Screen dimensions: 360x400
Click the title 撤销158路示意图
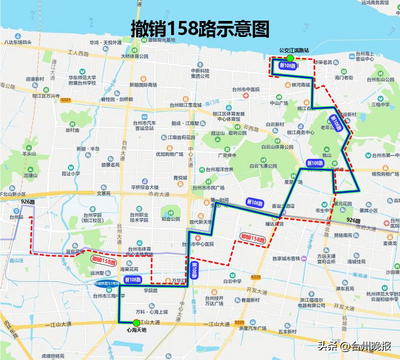click(200, 28)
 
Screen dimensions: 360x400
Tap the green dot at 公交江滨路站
click(290, 58)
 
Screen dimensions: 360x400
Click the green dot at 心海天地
click(136, 322)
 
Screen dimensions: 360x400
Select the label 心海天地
click(136, 330)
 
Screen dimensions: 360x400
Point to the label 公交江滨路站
click(294, 50)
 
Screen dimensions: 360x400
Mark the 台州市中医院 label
click(245, 89)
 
